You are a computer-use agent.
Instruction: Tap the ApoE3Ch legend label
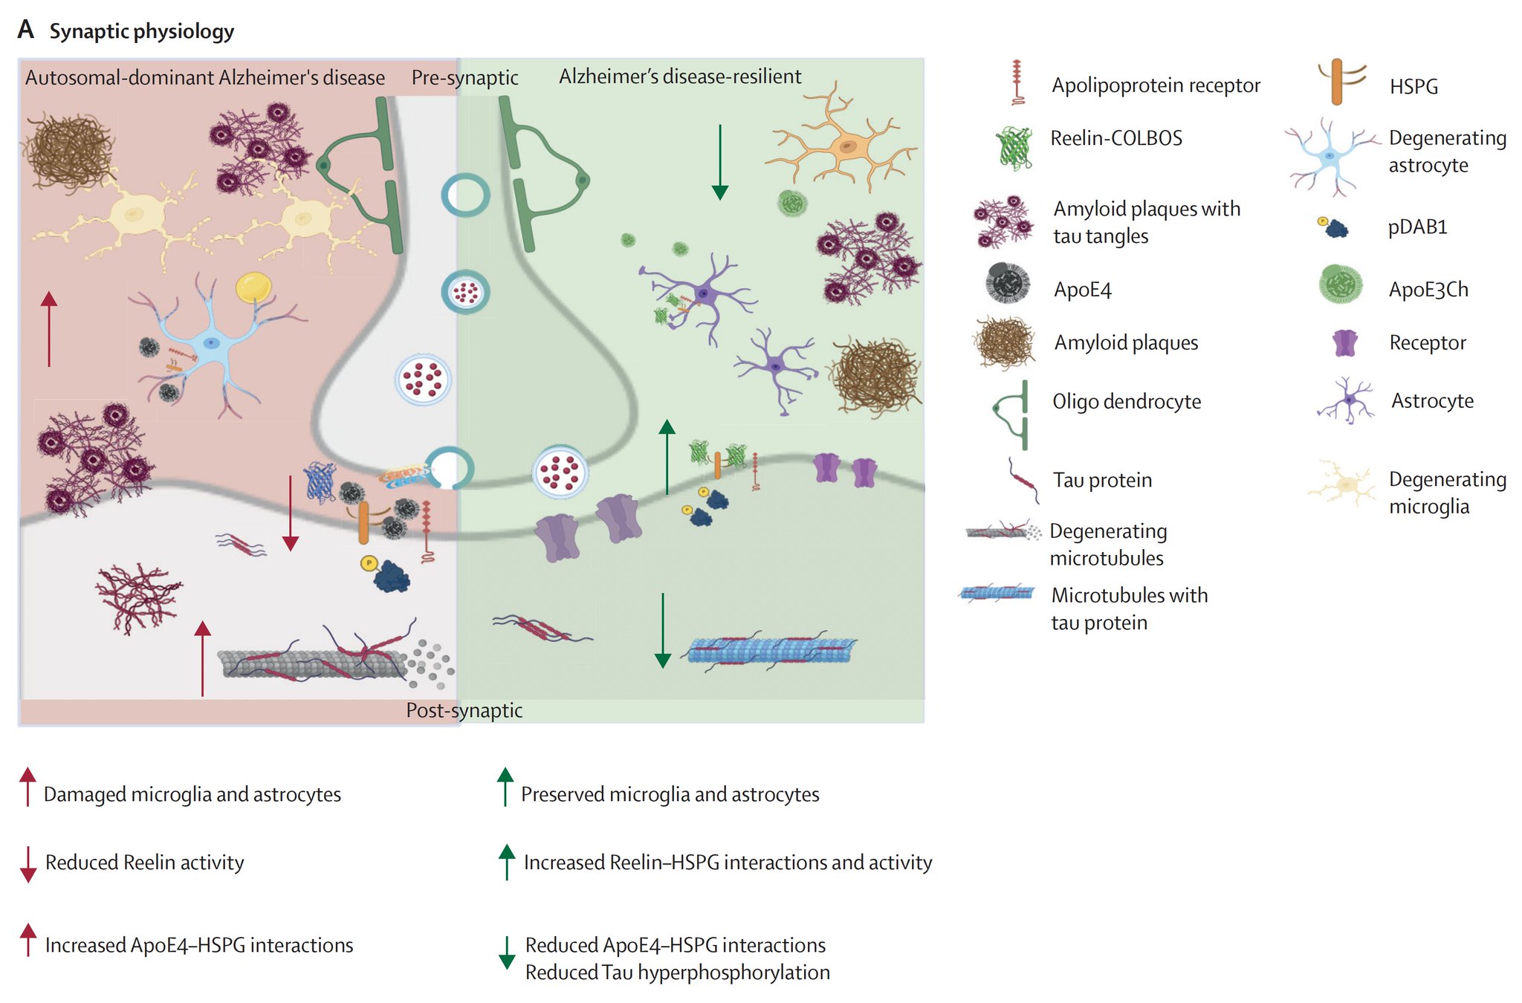point(1428,289)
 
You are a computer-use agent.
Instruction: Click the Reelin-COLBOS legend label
point(1115,138)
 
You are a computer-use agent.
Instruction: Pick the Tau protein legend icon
point(1023,481)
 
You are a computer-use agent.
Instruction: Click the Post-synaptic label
point(464,710)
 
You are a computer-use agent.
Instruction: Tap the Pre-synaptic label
point(464,77)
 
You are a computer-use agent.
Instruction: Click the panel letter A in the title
point(26,29)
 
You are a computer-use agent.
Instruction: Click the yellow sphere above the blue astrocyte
point(253,287)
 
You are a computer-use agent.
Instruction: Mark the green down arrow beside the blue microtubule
point(662,630)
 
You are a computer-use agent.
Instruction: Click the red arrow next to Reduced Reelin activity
point(28,863)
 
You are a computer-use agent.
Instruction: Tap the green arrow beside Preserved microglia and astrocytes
point(505,787)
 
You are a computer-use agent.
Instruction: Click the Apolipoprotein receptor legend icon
point(1017,82)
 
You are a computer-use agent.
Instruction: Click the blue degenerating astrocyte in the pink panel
point(212,343)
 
